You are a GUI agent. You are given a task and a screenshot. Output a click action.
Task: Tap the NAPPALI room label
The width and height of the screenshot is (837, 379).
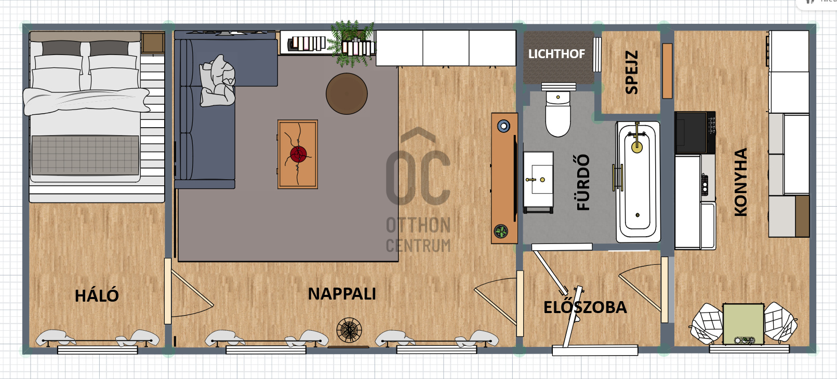pos(342,294)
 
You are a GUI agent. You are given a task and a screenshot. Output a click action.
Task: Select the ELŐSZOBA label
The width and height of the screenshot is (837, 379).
pos(585,307)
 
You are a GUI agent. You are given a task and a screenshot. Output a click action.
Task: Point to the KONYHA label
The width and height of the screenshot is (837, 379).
pos(740,182)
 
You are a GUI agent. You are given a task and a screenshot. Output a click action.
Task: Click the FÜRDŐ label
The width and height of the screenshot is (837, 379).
pos(583,182)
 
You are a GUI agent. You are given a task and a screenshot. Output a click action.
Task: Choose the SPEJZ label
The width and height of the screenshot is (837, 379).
pos(631,72)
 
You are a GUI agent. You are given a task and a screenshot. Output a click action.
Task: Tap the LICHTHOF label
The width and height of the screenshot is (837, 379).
pos(556,54)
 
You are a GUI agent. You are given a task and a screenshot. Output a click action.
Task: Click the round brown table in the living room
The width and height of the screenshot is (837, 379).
pos(347,93)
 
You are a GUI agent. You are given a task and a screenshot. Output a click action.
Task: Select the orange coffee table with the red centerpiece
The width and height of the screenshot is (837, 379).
pos(298,154)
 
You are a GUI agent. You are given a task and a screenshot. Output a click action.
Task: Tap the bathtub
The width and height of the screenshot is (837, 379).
pos(638,182)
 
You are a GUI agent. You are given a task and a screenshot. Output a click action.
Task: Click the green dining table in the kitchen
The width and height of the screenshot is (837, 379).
pos(743,324)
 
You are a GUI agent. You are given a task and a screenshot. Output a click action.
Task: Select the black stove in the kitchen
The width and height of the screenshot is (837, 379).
pos(695,133)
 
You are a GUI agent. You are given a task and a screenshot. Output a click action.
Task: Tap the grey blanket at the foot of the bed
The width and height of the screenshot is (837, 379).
pos(85,155)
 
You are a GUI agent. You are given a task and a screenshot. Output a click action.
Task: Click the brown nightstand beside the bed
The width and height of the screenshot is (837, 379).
pos(153,43)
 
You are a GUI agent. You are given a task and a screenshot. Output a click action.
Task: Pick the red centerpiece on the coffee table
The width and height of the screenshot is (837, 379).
pos(299,154)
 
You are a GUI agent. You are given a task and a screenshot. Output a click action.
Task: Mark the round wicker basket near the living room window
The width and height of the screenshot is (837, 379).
pos(349,330)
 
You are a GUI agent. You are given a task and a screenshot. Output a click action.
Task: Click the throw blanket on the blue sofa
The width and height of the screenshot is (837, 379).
pos(218,81)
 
